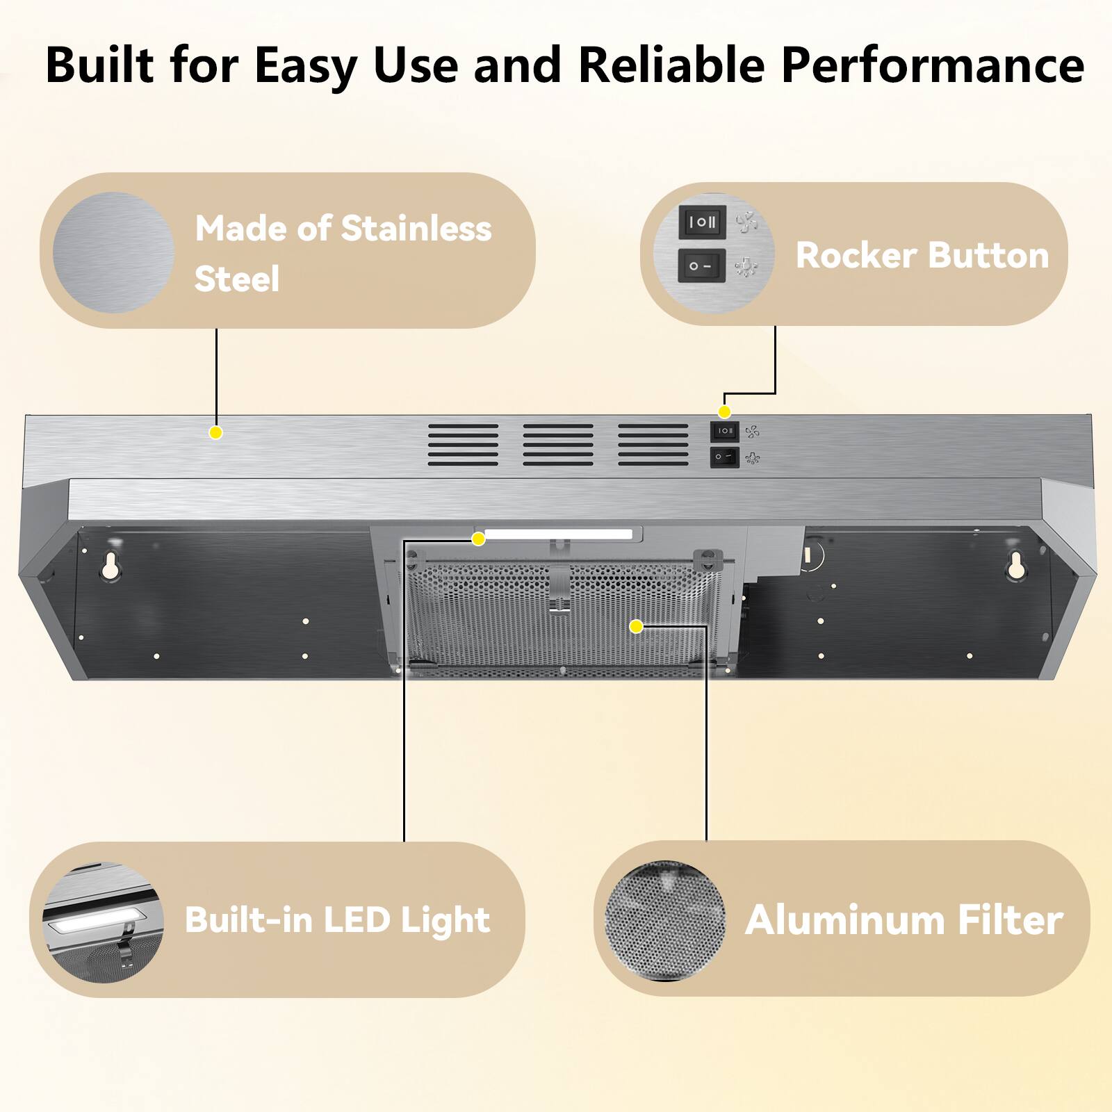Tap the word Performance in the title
(933, 65)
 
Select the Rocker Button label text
(922, 255)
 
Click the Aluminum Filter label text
(903, 920)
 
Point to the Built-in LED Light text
(337, 920)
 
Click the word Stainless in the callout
(416, 229)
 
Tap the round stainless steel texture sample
(113, 252)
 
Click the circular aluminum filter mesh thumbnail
(665, 920)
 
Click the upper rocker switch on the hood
(724, 431)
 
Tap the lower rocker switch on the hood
(724, 457)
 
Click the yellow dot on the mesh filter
(635, 627)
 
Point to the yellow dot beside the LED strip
(478, 539)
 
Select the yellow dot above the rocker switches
(724, 412)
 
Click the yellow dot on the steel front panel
(216, 433)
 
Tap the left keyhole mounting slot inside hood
(110, 567)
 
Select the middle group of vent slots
(558, 445)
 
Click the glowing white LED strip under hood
(558, 534)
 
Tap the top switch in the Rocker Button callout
(702, 222)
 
